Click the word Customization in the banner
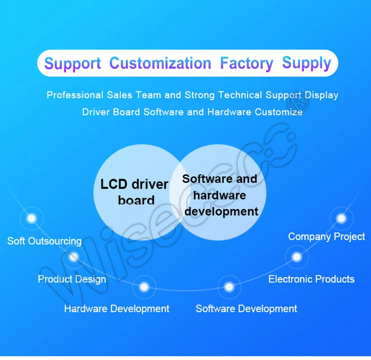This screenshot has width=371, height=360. pyautogui.click(x=160, y=63)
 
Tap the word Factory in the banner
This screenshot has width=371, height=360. pyautogui.click(x=247, y=63)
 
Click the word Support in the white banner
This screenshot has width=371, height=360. pyautogui.click(x=73, y=63)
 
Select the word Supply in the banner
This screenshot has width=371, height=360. pyautogui.click(x=306, y=63)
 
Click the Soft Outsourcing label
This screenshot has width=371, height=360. pyautogui.click(x=45, y=241)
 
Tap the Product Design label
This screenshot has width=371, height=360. pyautogui.click(x=72, y=279)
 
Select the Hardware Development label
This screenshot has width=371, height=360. pyautogui.click(x=116, y=309)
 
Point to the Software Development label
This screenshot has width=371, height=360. pyautogui.click(x=246, y=309)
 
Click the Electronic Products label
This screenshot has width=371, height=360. pyautogui.click(x=311, y=279)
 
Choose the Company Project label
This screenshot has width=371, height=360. pyautogui.click(x=326, y=237)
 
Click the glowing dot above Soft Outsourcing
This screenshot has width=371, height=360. pyautogui.click(x=32, y=218)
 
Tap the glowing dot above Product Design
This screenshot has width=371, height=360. pyautogui.click(x=74, y=257)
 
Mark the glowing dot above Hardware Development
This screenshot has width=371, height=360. pyautogui.click(x=144, y=287)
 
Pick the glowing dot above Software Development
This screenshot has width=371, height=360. pyautogui.click(x=229, y=287)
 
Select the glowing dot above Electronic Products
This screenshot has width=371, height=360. pyautogui.click(x=297, y=257)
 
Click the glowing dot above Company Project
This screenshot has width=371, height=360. pyautogui.click(x=341, y=218)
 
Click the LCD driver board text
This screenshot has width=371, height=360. pyautogui.click(x=134, y=192)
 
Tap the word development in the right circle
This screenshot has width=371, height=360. pyautogui.click(x=221, y=211)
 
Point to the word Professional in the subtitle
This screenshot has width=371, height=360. pyautogui.click(x=75, y=95)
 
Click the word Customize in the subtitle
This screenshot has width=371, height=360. pyautogui.click(x=279, y=112)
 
